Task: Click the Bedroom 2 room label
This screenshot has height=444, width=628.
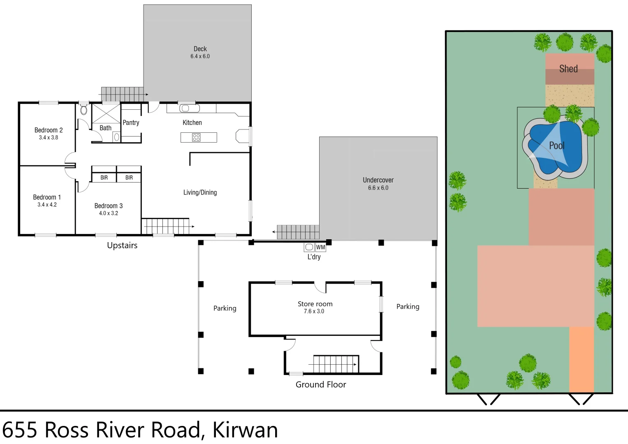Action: click(49, 130)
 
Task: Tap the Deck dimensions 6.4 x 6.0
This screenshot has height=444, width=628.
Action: click(200, 56)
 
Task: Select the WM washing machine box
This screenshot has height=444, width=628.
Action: click(320, 247)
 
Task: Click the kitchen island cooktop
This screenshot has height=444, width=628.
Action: click(196, 137)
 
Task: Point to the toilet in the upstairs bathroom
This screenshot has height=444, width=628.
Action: click(84, 109)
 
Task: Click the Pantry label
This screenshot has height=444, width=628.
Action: click(131, 123)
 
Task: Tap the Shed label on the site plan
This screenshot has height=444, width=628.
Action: click(568, 69)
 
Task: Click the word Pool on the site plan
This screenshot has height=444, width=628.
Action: click(556, 146)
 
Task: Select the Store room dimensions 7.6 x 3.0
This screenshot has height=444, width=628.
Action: click(314, 311)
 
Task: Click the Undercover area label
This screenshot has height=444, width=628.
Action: click(378, 180)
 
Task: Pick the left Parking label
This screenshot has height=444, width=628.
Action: click(225, 308)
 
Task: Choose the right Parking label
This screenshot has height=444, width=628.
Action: click(408, 307)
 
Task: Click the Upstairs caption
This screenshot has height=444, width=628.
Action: click(122, 245)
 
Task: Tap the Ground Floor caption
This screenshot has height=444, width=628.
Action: click(321, 384)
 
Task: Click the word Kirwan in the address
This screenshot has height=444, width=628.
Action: click(245, 430)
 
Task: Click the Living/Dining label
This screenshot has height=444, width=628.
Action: click(200, 192)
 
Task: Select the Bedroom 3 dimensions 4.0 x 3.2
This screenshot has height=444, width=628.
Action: click(108, 213)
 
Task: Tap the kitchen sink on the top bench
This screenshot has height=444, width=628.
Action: click(189, 109)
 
